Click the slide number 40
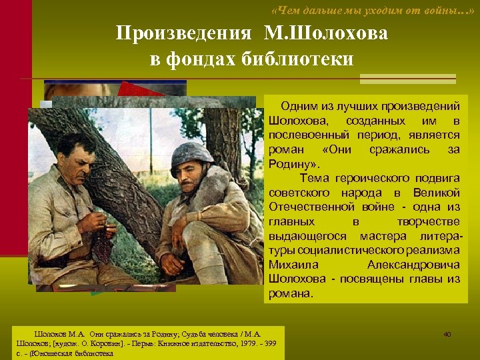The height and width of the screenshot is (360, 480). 447,334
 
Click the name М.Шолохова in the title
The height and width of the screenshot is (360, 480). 326,33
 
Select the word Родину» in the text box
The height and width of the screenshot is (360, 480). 294,164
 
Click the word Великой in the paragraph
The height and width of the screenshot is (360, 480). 436,193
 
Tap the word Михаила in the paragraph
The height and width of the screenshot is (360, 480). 288,265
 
